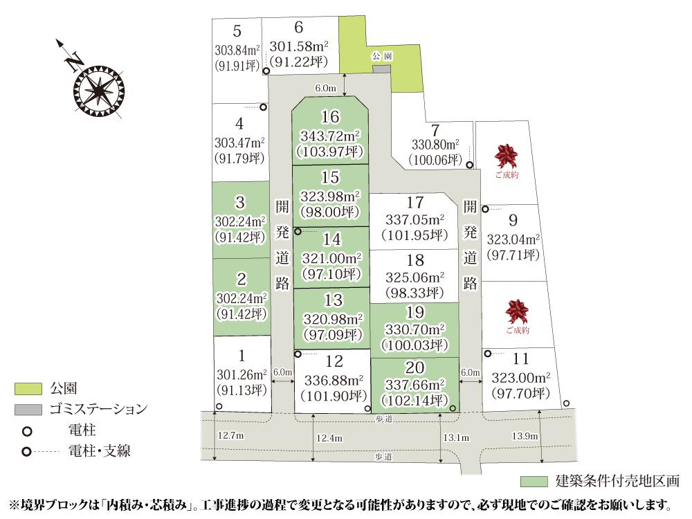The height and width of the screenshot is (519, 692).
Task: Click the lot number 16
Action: coord(330,116)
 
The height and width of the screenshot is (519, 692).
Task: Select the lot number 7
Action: coord(435,130)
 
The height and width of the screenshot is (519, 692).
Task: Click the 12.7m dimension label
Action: coord(230,435)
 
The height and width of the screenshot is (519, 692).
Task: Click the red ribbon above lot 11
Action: coord(517,311)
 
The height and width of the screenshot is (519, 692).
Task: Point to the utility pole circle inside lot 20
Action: coord(453,408)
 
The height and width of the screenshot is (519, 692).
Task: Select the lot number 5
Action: coord(237,31)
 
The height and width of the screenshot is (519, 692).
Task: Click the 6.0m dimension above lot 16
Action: coord(325,89)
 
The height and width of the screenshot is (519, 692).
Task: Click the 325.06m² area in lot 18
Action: coord(415,277)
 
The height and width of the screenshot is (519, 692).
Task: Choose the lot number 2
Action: coord(241,280)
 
